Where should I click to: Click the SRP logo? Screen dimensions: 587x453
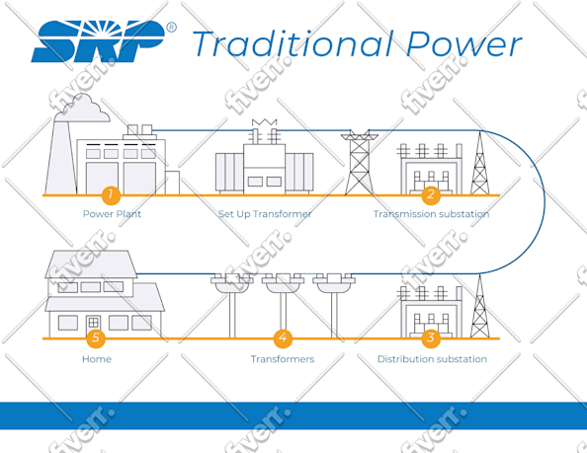(98, 41)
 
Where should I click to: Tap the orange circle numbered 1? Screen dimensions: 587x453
(111, 194)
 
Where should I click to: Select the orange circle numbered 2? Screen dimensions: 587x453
(431, 194)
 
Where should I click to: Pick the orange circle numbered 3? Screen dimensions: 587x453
(431, 338)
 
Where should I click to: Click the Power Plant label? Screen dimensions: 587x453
(112, 214)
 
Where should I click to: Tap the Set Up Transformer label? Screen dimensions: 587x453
(265, 214)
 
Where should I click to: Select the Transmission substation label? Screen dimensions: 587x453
(431, 214)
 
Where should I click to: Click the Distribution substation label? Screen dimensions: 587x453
(432, 359)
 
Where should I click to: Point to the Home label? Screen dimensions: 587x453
(97, 359)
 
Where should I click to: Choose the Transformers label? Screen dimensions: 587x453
(283, 359)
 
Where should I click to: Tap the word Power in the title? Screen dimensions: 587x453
(463, 44)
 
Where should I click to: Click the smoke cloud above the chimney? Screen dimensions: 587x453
(83, 109)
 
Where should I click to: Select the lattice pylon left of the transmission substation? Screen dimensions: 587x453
(359, 162)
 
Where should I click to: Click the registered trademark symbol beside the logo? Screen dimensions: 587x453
(171, 28)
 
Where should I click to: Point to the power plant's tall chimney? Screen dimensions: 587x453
(60, 156)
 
